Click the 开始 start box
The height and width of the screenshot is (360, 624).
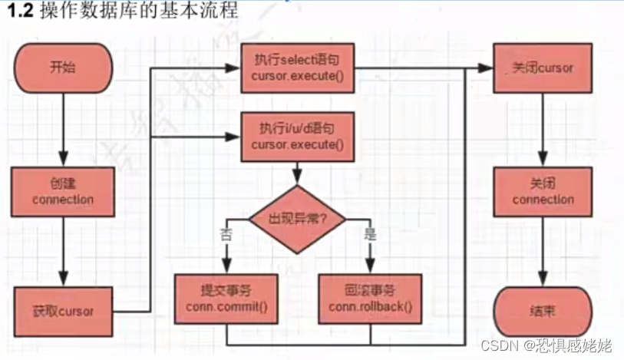click(63, 68)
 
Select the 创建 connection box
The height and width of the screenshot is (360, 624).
click(63, 192)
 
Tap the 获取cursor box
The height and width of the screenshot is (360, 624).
click(63, 311)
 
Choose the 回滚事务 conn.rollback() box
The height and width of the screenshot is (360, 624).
click(369, 298)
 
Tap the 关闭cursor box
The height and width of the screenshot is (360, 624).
click(543, 68)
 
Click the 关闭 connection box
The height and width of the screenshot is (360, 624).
click(543, 192)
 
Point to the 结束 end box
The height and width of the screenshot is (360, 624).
click(543, 311)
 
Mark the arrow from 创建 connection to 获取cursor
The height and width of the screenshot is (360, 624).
click(63, 253)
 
